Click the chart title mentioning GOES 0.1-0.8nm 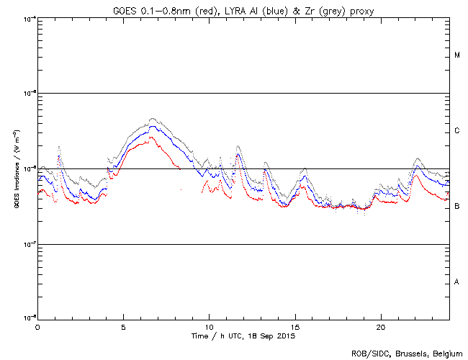[243, 9]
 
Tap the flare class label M [456, 55]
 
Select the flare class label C [456, 131]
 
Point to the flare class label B [456, 207]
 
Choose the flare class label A [456, 282]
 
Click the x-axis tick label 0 [37, 326]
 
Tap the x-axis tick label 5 [123, 326]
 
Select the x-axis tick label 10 [210, 326]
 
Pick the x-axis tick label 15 [295, 326]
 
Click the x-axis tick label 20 [381, 326]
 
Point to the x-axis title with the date [243, 336]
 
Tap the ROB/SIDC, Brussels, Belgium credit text [407, 354]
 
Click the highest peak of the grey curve [151, 119]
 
